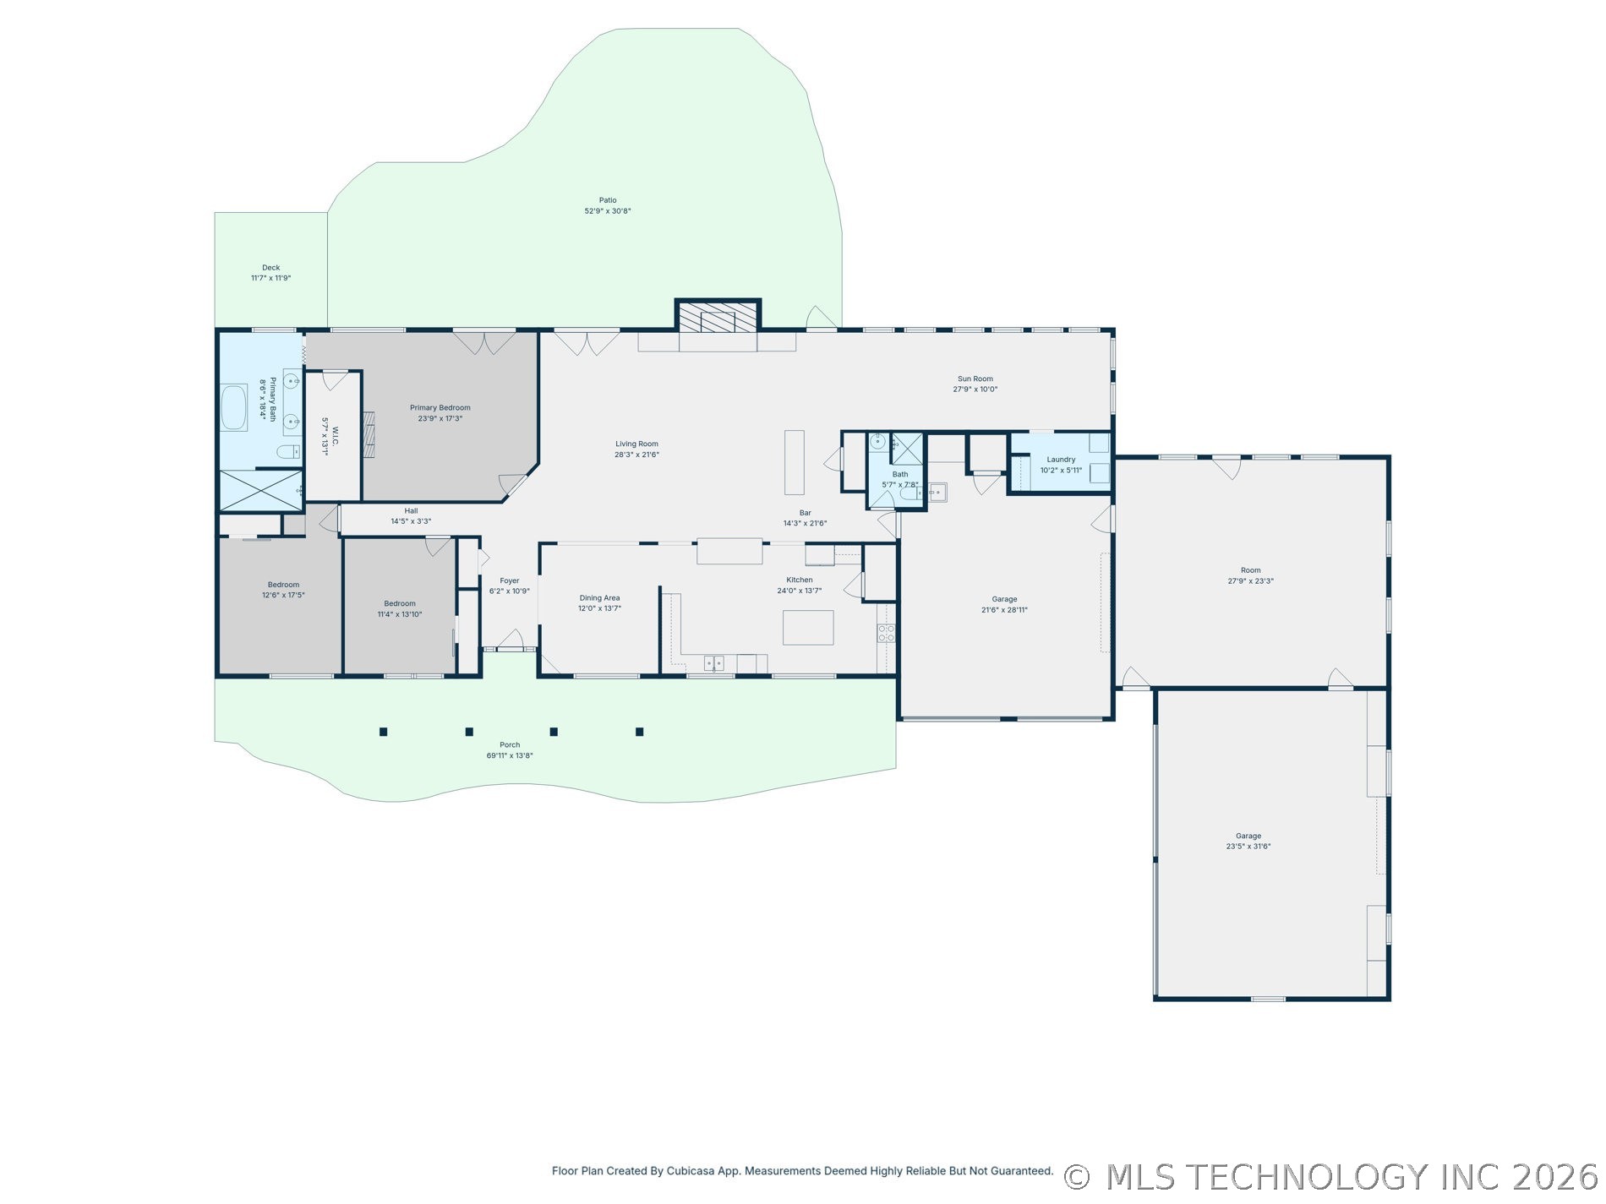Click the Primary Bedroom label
coord(440,408)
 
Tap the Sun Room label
coord(975,379)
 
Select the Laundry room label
coord(1061,460)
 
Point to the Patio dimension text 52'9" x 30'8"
coord(608,211)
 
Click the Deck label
coord(270,268)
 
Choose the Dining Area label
coord(599,598)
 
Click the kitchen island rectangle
coord(808,628)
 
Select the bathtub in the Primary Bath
coord(234,408)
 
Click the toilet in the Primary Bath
coord(288,450)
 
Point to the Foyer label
coord(509,581)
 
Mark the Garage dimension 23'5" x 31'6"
coord(1248,847)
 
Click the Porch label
coord(510,745)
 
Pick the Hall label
coord(411,511)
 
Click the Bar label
coord(805,513)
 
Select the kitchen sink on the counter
coord(713,663)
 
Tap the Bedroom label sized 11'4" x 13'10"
coord(400,604)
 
